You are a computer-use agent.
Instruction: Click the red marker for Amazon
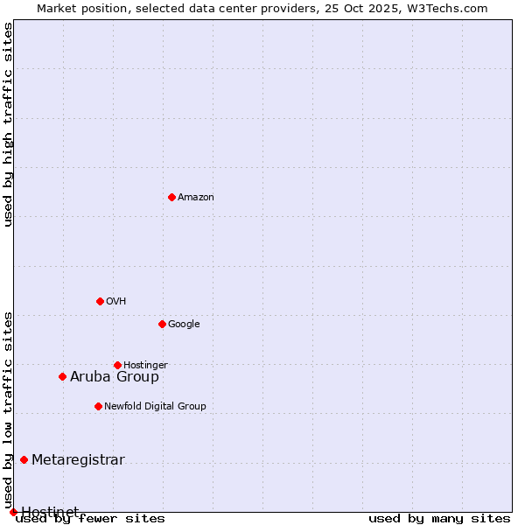(171, 197)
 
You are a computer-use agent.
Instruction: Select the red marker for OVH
(100, 301)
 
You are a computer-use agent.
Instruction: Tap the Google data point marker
(162, 324)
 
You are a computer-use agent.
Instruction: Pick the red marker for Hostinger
(117, 365)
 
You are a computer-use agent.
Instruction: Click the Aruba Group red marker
(62, 376)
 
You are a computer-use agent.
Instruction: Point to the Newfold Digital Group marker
(98, 406)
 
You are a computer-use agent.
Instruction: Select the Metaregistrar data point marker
(24, 459)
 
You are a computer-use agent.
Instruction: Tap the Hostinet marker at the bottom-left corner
(13, 512)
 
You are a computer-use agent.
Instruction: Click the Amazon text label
(196, 198)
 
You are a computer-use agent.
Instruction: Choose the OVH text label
(116, 302)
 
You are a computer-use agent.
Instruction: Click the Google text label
(184, 325)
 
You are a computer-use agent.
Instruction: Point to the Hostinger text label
(145, 366)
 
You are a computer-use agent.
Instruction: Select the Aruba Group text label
(115, 377)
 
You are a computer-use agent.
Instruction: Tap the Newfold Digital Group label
(155, 407)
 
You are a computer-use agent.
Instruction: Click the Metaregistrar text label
(78, 460)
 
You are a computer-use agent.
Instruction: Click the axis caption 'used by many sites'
(439, 519)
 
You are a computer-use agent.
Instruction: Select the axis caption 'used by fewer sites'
(90, 519)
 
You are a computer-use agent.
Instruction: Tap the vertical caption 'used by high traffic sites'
(9, 124)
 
